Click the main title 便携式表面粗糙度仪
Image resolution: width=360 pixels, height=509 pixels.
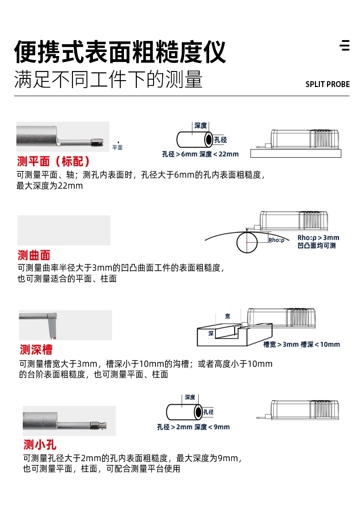[x=120, y=51]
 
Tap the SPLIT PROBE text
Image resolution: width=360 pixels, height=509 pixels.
[x=327, y=84]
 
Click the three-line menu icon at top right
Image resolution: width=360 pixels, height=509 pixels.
[x=345, y=46]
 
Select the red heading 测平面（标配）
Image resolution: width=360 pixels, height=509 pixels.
[x=53, y=161]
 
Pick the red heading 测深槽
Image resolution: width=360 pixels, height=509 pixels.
[x=36, y=350]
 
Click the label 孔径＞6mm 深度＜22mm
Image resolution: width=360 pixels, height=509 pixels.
[x=200, y=154]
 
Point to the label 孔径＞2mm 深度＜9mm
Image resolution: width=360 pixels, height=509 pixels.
[x=193, y=427]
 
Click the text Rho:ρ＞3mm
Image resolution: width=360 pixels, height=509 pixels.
[x=318, y=237]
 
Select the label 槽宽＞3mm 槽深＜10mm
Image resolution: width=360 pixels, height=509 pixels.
[x=302, y=344]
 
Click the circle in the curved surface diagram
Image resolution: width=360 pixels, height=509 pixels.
[x=247, y=242]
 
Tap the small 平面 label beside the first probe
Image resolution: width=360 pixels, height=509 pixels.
[x=118, y=148]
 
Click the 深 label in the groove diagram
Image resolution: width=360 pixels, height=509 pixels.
[x=211, y=334]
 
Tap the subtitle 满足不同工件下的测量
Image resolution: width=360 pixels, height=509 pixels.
[x=108, y=79]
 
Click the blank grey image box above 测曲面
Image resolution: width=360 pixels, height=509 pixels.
[x=64, y=230]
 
